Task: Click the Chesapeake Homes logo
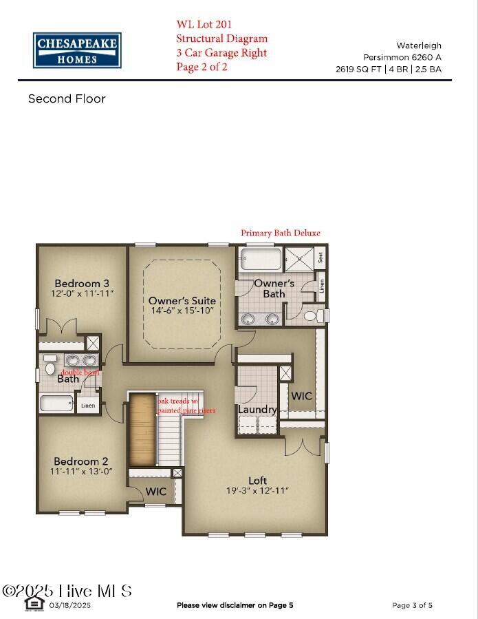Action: tap(77, 50)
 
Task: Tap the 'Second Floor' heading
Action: tap(67, 99)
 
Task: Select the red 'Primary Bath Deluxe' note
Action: tap(280, 233)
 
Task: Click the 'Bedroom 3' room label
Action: tap(82, 284)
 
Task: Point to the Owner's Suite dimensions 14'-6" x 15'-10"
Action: tap(182, 311)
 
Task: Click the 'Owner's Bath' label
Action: tap(274, 288)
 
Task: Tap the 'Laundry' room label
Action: tap(257, 410)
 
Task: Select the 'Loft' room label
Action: tap(257, 481)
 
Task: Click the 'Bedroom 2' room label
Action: tap(82, 461)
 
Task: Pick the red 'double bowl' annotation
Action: tap(80, 373)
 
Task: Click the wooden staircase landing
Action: tap(142, 429)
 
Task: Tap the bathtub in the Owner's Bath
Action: tap(261, 260)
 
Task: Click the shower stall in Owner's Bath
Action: tap(300, 260)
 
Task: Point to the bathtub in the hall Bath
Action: tap(56, 403)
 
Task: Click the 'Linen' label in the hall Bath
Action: tap(87, 406)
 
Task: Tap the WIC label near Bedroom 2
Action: tap(155, 492)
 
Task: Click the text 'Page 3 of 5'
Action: tap(412, 606)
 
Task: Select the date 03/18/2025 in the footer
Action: tap(69, 606)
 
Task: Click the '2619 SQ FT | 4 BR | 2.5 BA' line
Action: tap(388, 70)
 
